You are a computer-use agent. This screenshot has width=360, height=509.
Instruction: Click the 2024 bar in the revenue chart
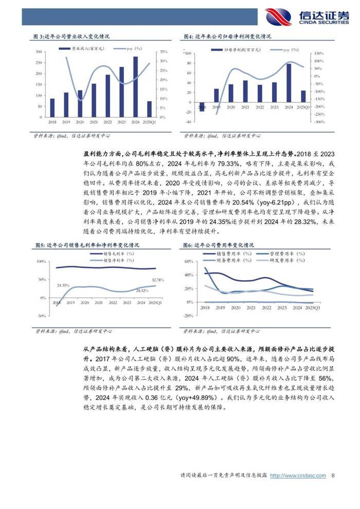(136, 87)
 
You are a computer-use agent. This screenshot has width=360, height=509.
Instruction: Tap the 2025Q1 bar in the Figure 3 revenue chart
(149, 110)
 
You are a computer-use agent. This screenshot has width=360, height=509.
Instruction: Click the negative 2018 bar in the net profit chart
(202, 107)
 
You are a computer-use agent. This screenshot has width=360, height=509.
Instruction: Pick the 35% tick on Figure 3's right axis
(162, 52)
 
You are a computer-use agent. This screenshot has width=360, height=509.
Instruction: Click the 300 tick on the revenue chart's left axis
(39, 52)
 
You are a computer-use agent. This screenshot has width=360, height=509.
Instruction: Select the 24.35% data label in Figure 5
(63, 284)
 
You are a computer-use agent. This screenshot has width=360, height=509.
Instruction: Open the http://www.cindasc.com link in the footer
(298, 476)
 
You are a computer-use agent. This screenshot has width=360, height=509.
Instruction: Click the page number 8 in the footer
(333, 476)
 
